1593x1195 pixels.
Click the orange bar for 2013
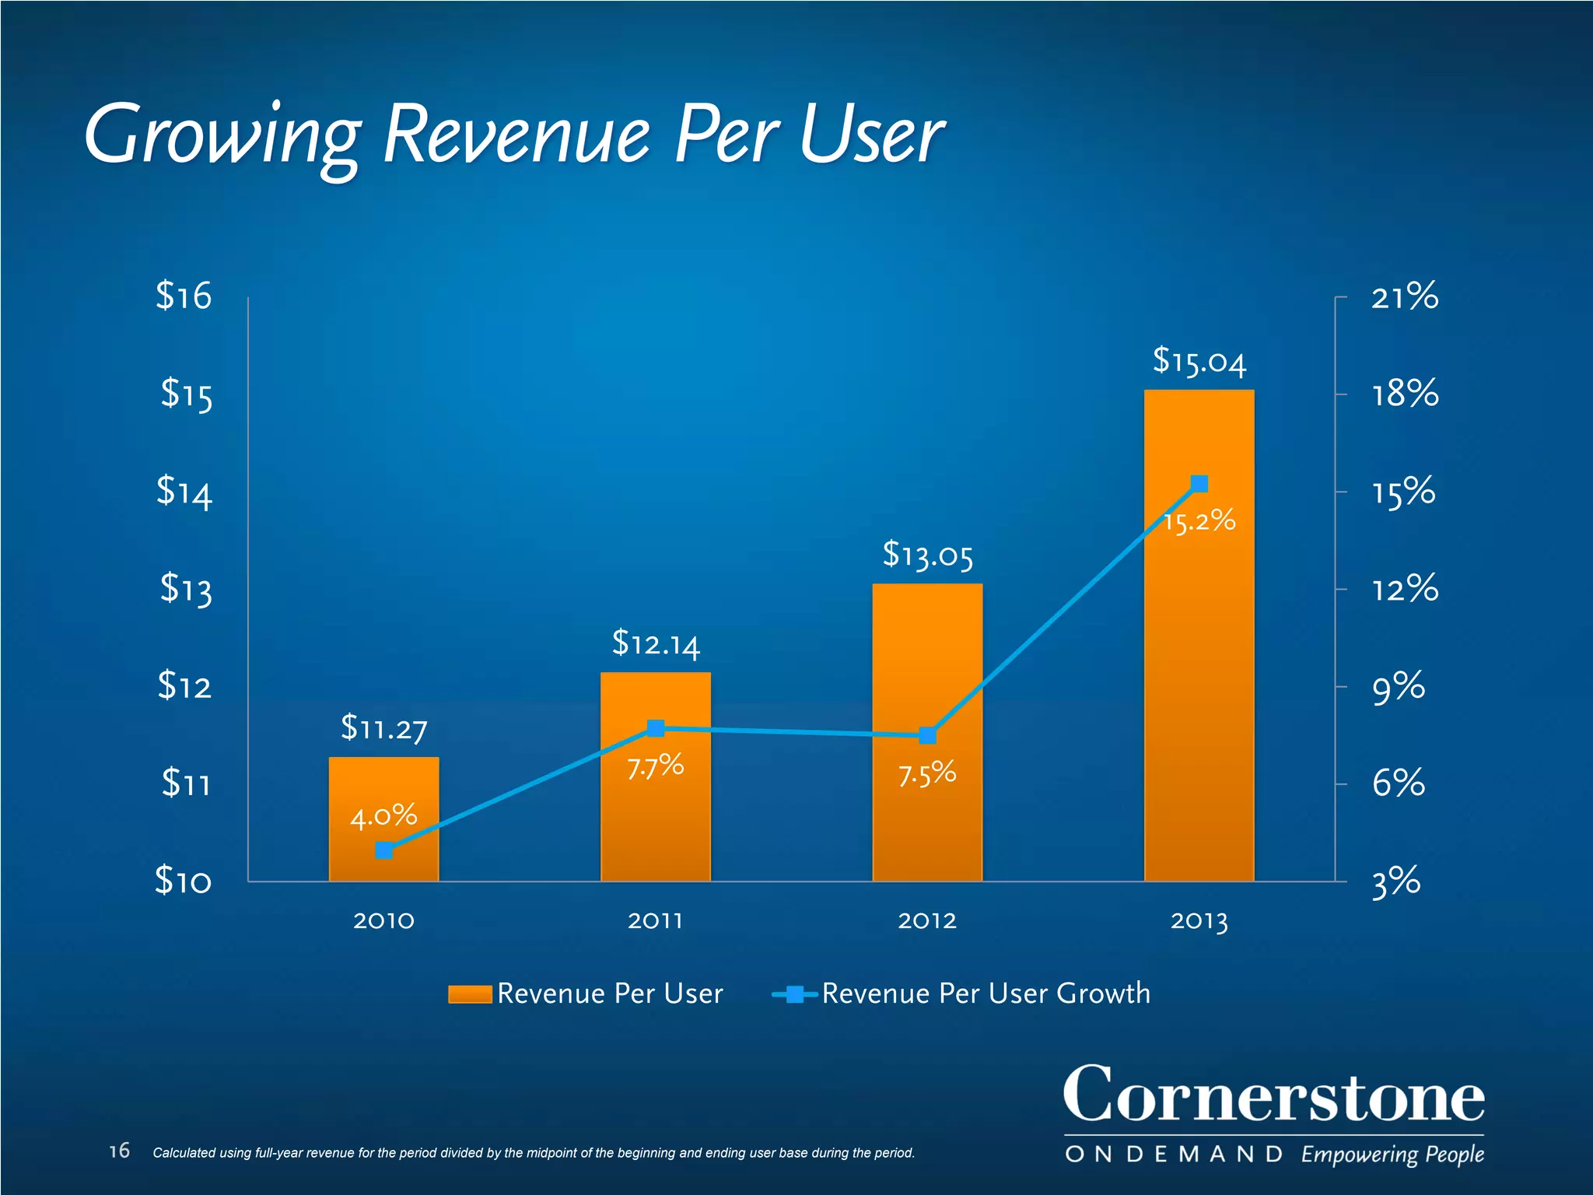(x=1199, y=661)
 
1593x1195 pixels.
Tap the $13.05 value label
(x=927, y=555)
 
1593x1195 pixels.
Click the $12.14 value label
(x=656, y=644)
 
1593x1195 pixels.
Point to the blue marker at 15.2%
(x=1199, y=484)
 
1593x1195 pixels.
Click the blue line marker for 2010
(x=383, y=850)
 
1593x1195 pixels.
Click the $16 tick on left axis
(x=184, y=296)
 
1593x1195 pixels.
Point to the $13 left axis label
(x=185, y=589)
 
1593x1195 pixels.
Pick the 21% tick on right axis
(x=1404, y=297)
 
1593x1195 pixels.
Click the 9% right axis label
(x=1398, y=688)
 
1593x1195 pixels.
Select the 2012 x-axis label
(x=927, y=921)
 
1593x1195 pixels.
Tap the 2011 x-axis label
(x=656, y=921)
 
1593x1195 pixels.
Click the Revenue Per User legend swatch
(x=470, y=994)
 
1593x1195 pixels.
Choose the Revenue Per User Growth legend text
(x=986, y=993)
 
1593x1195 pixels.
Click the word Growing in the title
(x=222, y=136)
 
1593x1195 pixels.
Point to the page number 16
(x=119, y=1151)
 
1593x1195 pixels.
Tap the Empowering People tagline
(x=1392, y=1155)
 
